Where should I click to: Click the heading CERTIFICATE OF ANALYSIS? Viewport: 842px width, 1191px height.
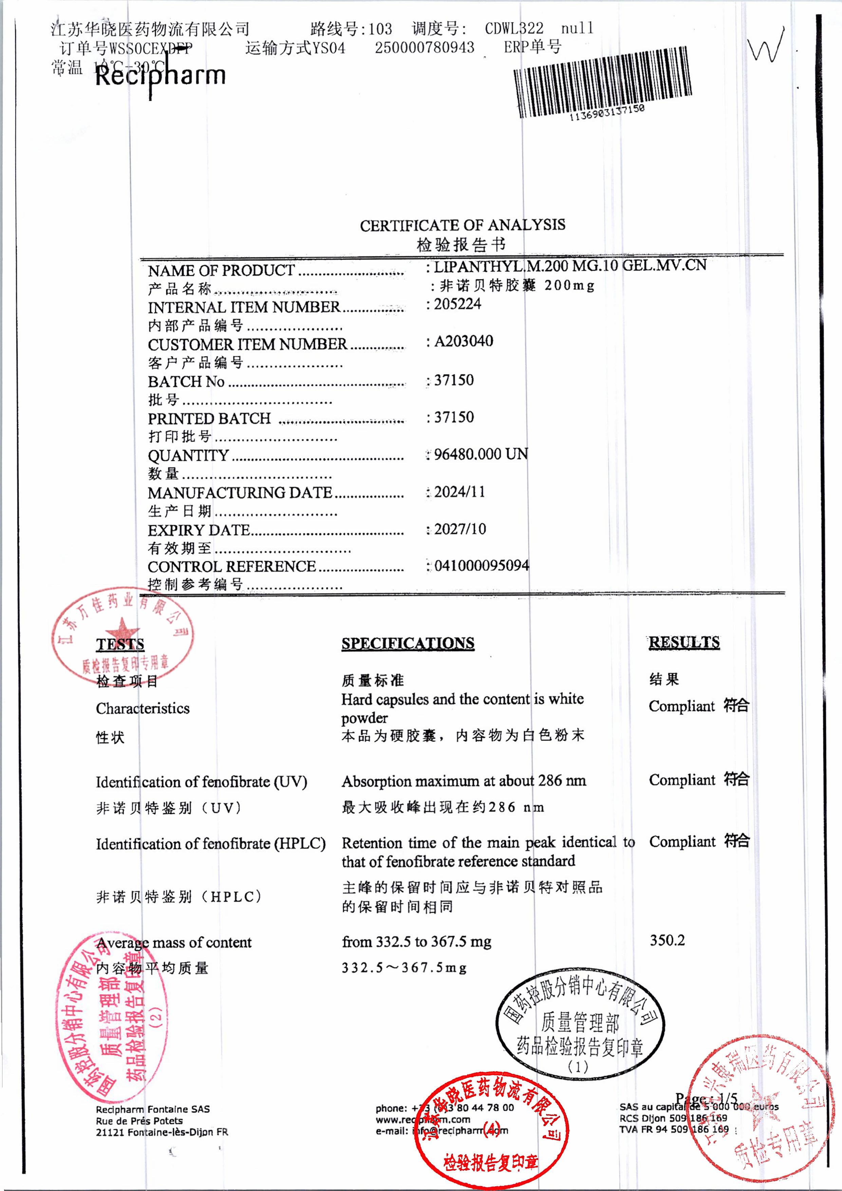(x=462, y=225)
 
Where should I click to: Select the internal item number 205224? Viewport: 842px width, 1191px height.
(x=457, y=304)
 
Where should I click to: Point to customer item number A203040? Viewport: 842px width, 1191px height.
(x=463, y=341)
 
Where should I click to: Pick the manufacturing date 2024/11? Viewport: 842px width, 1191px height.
(x=459, y=492)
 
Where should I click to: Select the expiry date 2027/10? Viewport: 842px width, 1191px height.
(x=460, y=529)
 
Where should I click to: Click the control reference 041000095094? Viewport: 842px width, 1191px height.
(x=481, y=565)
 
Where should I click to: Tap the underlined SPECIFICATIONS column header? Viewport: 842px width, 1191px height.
(x=408, y=643)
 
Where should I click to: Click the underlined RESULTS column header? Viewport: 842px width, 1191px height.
(x=684, y=642)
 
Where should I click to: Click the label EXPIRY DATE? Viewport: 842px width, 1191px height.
(x=199, y=530)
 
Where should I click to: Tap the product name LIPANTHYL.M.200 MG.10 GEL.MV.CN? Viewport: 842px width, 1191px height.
(x=569, y=266)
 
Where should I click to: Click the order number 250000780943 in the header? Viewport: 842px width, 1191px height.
(x=424, y=48)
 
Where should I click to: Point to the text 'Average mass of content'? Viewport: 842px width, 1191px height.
(x=174, y=943)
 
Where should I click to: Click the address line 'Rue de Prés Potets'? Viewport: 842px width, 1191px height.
(x=139, y=1120)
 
